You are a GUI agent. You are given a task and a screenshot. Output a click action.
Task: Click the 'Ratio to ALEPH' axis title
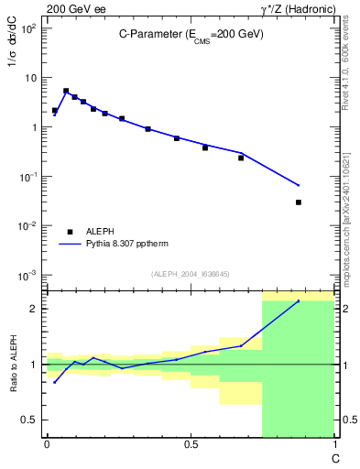coord(15,365)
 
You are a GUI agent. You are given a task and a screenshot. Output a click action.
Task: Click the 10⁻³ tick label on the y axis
coord(27,275)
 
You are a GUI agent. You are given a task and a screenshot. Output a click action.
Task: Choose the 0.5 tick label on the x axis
coord(191,444)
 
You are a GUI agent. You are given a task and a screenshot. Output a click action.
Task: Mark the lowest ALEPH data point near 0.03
coord(299,202)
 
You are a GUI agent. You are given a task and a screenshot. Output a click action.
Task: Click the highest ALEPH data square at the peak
coord(66,91)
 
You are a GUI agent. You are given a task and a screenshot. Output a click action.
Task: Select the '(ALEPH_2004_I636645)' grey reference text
coord(191,273)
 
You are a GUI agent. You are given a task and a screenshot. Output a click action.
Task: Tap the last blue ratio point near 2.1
coord(298,300)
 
